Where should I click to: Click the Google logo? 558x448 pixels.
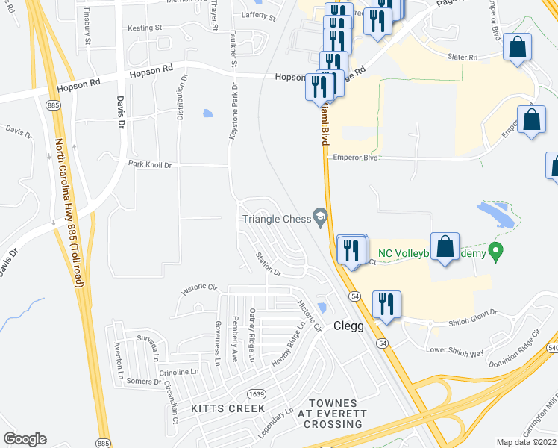point(25,439)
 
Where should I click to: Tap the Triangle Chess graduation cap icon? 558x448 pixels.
point(321,216)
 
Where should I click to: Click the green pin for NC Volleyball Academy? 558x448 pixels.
point(495,250)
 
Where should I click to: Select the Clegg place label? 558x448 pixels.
point(348,326)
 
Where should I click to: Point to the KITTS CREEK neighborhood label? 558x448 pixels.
point(228,408)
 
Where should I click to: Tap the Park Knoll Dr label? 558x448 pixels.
point(149,164)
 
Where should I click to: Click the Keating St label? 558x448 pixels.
point(144,28)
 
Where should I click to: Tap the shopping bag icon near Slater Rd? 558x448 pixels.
point(517,49)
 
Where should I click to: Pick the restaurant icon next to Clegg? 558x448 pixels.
point(386,304)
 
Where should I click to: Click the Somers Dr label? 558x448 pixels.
point(143,381)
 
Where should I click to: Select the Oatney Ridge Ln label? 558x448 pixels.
point(252,336)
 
